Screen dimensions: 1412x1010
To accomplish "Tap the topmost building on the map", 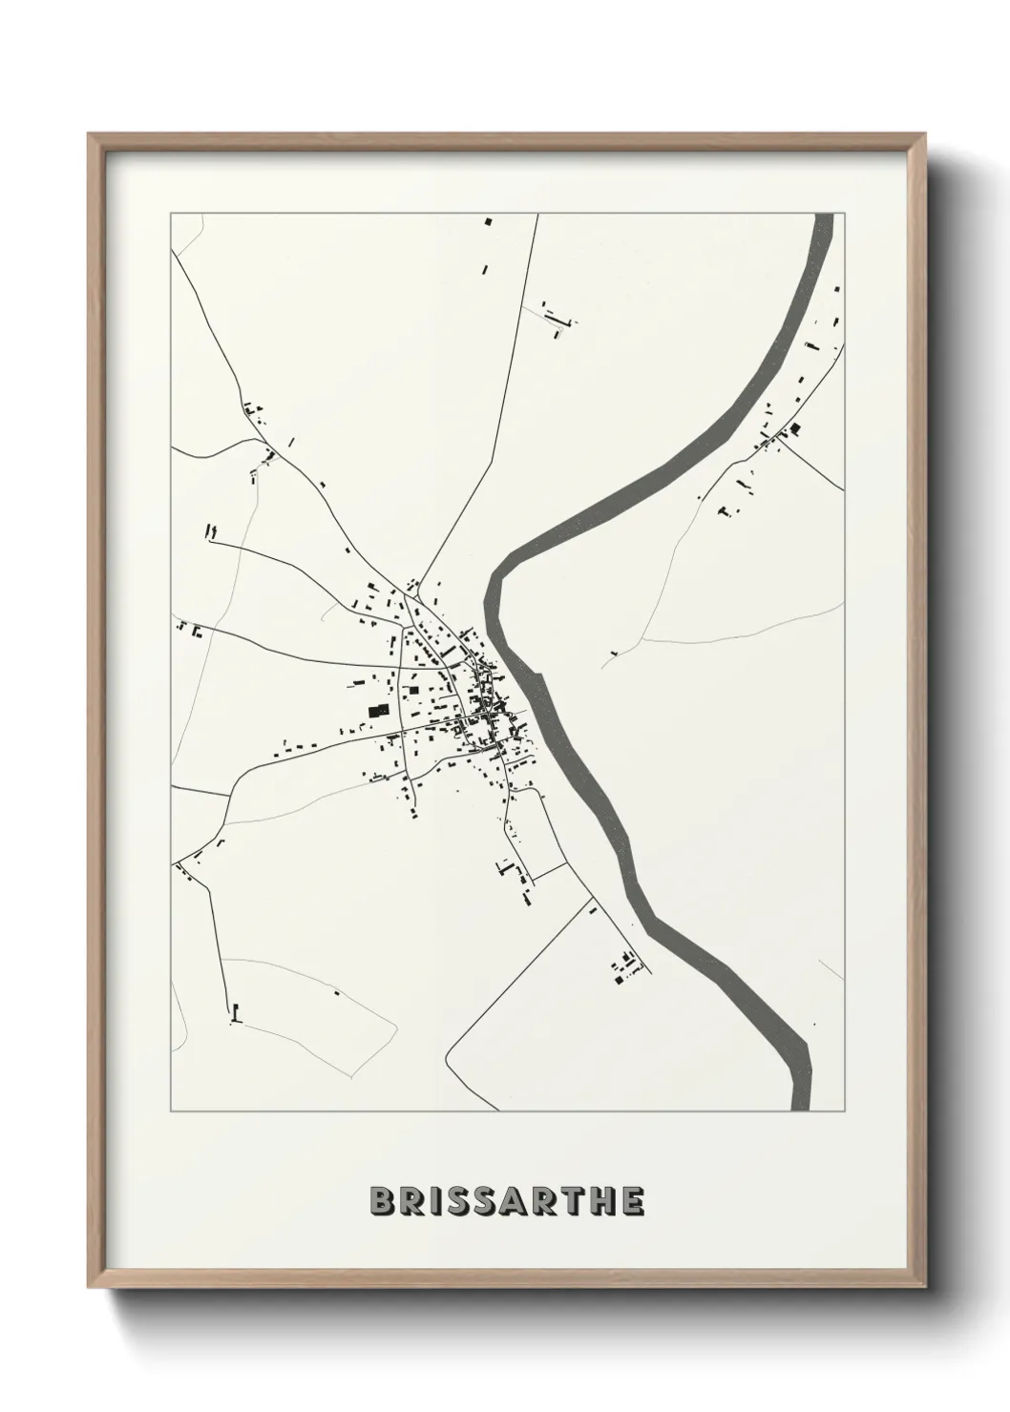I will (x=488, y=221).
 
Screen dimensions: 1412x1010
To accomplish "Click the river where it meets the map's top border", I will (x=823, y=217).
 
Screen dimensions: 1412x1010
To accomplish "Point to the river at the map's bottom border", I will (x=802, y=1107).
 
